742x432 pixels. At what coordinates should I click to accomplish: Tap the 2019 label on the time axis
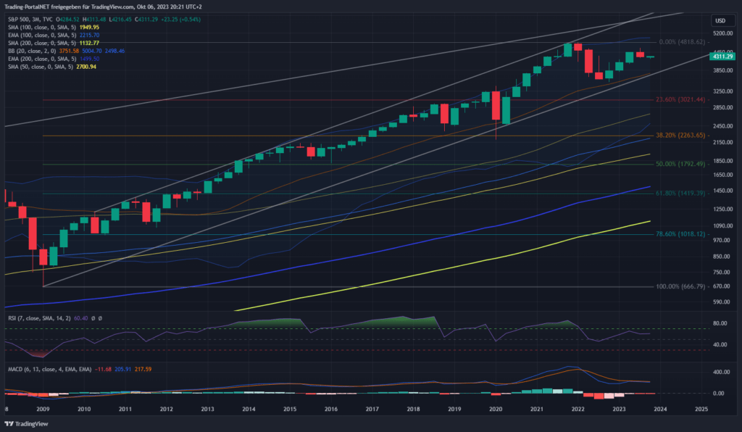point(454,410)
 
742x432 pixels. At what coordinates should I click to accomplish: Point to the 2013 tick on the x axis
point(207,410)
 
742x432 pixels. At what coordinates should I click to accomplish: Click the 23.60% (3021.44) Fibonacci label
point(680,99)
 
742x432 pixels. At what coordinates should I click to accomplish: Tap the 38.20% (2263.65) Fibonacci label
point(680,136)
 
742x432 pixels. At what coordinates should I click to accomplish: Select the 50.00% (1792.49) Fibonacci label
point(680,165)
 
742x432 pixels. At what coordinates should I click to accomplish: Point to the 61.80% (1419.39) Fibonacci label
point(680,194)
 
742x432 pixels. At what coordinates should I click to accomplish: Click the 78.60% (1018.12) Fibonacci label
point(680,234)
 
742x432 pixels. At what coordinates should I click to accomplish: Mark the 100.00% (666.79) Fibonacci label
point(680,286)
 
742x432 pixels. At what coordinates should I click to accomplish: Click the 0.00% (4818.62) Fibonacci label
point(680,43)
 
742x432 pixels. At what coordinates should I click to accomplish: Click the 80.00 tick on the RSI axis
point(720,324)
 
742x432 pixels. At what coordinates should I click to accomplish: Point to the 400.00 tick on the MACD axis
point(720,372)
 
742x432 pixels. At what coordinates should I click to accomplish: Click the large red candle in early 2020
point(496,106)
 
